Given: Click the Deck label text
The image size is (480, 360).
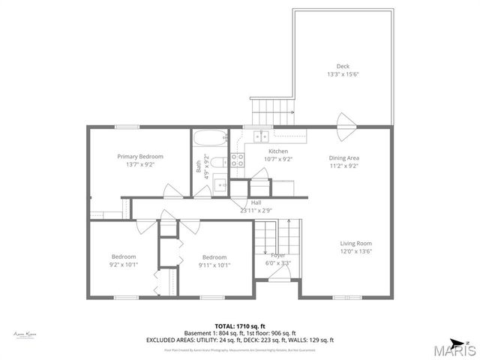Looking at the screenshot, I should point(343,66).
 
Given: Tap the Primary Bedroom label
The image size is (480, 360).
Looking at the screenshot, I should point(139,156).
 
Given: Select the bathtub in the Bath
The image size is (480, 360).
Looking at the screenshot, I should point(209,139).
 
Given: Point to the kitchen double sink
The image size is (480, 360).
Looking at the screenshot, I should point(260,136).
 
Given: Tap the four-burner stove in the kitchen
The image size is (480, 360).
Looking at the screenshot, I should point(237,159).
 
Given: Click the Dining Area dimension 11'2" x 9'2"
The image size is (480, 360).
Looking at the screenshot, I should point(343,166).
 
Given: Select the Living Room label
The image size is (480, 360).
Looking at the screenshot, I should point(355,243).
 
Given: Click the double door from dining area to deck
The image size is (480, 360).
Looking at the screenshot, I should point(345,126).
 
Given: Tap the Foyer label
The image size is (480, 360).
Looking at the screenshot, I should point(277,256).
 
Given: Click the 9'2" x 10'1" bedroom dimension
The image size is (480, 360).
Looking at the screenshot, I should point(124,264).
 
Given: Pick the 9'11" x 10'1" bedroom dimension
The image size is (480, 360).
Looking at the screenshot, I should point(214,264).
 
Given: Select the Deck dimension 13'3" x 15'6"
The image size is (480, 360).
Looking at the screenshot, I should point(343,74).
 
